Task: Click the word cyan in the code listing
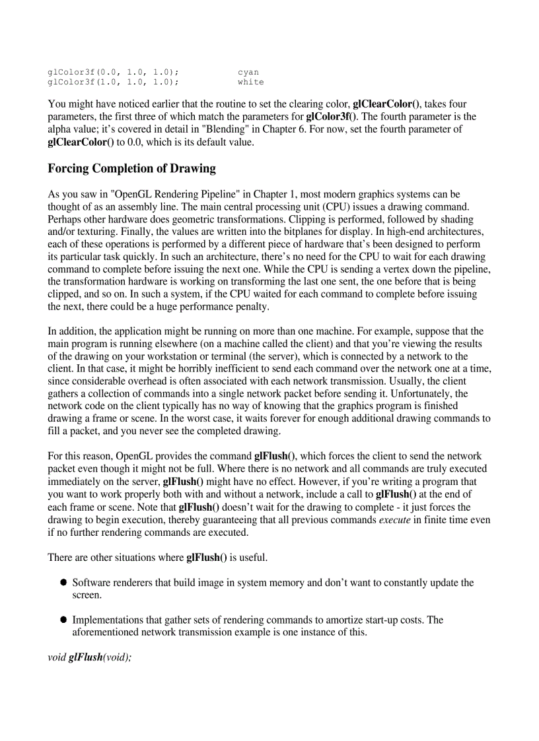[248, 72]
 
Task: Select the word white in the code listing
[250, 82]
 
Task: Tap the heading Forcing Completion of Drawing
[131, 168]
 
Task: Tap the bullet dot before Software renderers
[64, 583]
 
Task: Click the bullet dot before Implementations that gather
[64, 620]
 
